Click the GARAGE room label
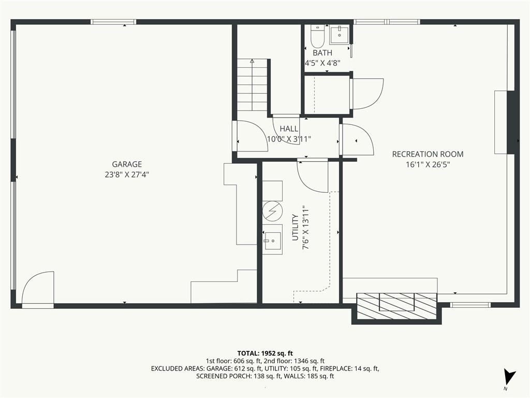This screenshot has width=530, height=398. tap(127, 164)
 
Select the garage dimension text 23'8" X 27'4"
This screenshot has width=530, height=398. tap(127, 175)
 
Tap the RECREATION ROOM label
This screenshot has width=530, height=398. tap(428, 154)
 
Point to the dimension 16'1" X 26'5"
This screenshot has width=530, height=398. tap(428, 165)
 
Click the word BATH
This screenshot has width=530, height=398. tap(322, 53)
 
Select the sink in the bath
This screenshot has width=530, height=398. tap(340, 34)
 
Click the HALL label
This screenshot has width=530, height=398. tap(289, 129)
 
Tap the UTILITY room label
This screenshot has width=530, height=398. tap(295, 228)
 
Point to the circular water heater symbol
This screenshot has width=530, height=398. tap(272, 211)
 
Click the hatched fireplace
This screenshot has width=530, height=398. tap(397, 306)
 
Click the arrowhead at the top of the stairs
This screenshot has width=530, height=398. tap(252, 61)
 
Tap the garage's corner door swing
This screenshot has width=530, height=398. tap(37, 287)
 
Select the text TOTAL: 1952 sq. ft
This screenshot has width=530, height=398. tap(265, 353)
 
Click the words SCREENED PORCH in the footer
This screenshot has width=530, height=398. tap(224, 376)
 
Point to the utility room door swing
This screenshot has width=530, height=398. tap(313, 177)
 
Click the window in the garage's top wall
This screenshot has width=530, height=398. tap(113, 22)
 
